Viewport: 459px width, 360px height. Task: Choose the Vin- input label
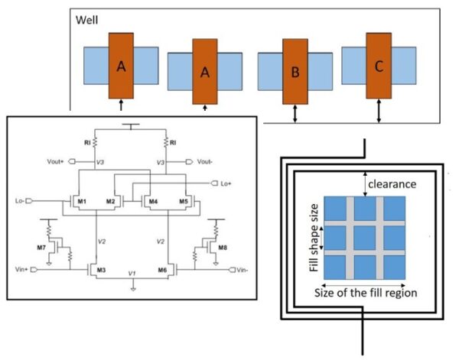pyautogui.click(x=242, y=270)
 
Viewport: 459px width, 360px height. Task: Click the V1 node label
pyautogui.click(x=133, y=273)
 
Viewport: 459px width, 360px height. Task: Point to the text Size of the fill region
pyautogui.click(x=365, y=293)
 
